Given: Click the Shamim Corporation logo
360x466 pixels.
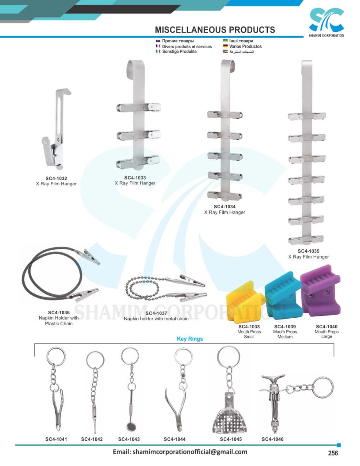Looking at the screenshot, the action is tap(326, 22).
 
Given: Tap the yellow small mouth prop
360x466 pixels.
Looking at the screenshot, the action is tap(245, 302).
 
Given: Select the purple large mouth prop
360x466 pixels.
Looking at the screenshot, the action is tap(320, 290).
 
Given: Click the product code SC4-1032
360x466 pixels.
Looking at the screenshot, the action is tap(56, 178).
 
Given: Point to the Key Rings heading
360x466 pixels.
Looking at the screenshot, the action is tap(190, 339).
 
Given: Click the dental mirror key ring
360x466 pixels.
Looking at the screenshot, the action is tap(130, 389).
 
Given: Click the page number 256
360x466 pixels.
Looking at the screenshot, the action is tap(333, 453).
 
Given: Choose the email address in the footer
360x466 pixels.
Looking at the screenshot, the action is tap(180, 452).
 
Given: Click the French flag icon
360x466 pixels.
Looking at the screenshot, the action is tap(158, 46).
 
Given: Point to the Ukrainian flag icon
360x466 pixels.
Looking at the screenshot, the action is tap(225, 41).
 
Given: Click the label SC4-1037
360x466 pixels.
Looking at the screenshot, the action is tap(156, 313).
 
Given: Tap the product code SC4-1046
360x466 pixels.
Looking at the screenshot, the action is tap(272, 439).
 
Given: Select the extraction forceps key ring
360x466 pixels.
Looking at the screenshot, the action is tap(56, 389).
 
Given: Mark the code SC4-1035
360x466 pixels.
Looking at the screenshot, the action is tap(309, 251).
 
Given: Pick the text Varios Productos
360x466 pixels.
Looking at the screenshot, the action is tap(245, 46).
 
